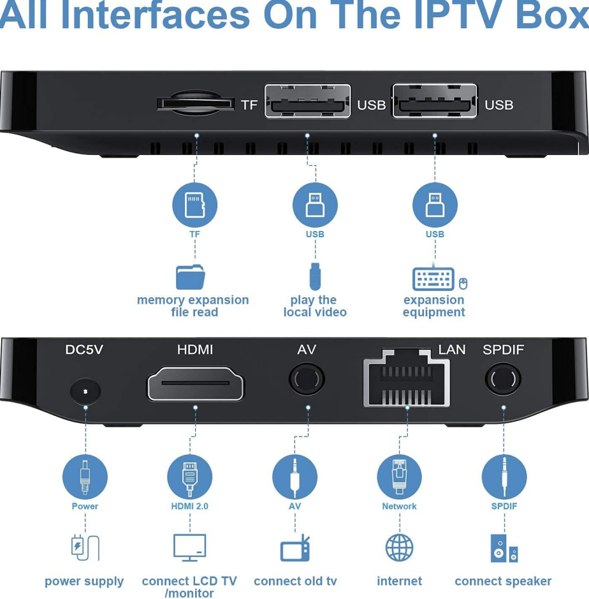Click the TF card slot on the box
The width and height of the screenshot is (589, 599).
196,103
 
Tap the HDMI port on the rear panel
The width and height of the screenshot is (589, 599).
196,383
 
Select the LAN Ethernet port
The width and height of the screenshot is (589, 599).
407,378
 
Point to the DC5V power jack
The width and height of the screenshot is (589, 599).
85,391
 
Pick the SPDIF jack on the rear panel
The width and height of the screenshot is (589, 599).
503,380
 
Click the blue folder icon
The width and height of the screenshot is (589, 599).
191,277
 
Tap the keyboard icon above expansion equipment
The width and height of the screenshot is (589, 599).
433,279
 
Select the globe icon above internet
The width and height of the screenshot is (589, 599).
399,547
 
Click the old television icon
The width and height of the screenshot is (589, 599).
295,548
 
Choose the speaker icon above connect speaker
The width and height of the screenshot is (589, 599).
504,548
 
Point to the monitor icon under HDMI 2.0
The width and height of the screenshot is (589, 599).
190,547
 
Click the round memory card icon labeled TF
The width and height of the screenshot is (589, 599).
194,205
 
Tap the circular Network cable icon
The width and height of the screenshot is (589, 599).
399,477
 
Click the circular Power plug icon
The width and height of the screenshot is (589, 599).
85,477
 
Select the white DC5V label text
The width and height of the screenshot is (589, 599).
84,350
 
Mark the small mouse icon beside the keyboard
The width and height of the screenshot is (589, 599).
463,283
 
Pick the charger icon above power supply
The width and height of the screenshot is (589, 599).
85,547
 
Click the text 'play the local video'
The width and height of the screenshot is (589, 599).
315,306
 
